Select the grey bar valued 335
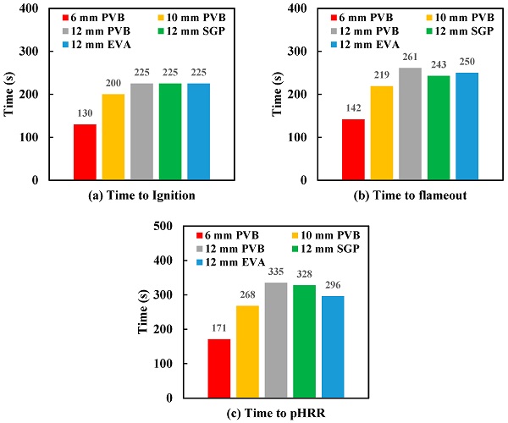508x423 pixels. tap(277, 340)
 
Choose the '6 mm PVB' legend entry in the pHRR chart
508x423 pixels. tap(226, 235)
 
